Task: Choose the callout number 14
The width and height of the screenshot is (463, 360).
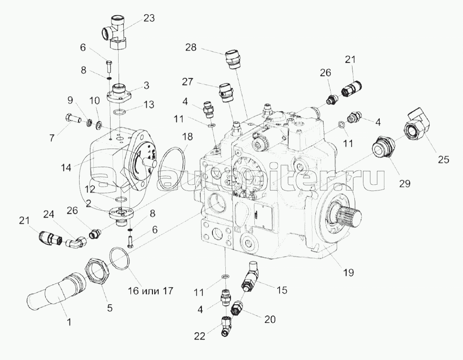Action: pyautogui.click(x=66, y=167)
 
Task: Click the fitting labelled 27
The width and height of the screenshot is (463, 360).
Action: pyautogui.click(x=226, y=91)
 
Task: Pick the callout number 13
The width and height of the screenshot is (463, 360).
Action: pyautogui.click(x=149, y=104)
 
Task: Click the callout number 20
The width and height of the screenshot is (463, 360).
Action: pyautogui.click(x=270, y=320)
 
